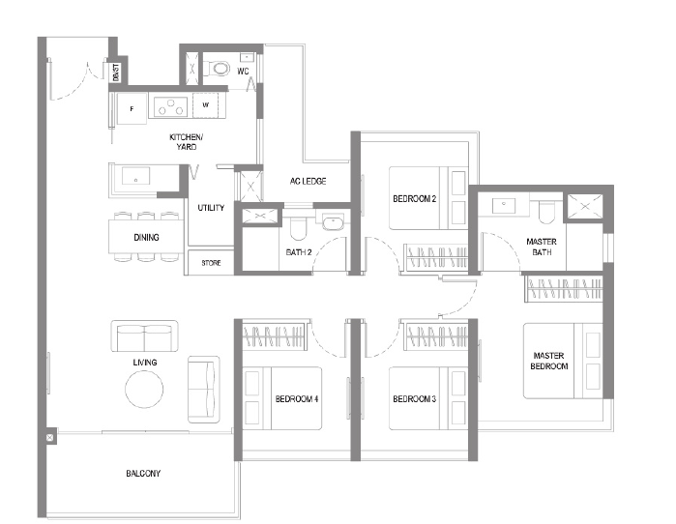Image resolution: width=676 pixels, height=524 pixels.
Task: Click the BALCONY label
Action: point(143,473)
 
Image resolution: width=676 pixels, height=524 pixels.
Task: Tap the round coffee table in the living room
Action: point(144,389)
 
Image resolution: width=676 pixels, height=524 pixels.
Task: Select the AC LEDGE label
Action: point(308,182)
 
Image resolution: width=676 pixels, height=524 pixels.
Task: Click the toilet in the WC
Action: point(218,69)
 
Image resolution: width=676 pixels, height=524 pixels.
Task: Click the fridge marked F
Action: point(132,108)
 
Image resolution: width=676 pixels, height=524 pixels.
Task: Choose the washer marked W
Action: point(206,105)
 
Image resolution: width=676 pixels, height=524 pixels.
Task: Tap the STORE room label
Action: point(211,262)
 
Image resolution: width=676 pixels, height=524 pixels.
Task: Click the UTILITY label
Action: point(211,208)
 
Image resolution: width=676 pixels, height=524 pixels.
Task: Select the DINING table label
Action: point(146,237)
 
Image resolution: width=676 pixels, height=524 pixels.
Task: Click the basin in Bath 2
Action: point(333,222)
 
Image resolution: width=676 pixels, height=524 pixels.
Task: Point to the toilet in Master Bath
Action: point(546,212)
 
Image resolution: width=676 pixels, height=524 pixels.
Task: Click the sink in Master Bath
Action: point(504,205)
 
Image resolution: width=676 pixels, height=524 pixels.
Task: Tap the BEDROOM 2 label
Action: point(414,198)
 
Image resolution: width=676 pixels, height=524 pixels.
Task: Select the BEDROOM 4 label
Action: point(297,399)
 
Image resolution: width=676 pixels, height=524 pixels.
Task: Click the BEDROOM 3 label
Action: point(414,399)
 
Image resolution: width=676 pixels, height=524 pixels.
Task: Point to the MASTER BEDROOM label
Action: point(548,361)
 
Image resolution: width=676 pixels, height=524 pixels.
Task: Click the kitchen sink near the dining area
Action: point(135,176)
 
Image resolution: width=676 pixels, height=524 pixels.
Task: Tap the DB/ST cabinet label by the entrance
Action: point(116,72)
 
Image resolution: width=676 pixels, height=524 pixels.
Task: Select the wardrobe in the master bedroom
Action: point(564,288)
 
